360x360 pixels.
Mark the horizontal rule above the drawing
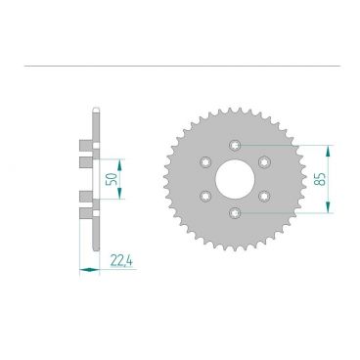(x=180, y=67)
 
